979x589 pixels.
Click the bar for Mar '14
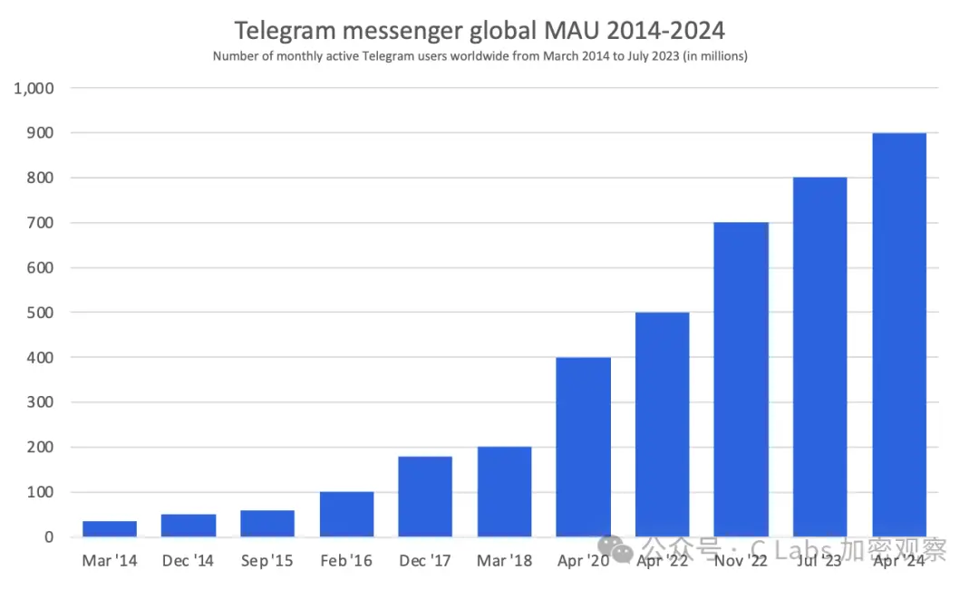[110, 529]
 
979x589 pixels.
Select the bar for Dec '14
[189, 526]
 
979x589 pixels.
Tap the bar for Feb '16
[346, 515]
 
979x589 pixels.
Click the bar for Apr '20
[583, 448]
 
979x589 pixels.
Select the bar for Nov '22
[742, 380]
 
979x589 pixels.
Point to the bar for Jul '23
[820, 357]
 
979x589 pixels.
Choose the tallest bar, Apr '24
[899, 335]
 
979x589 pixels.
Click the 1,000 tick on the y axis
[34, 89]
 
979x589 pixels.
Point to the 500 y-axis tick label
[40, 313]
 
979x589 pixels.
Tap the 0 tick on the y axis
[48, 537]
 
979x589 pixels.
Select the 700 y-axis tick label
[40, 223]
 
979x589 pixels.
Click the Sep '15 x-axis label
[267, 561]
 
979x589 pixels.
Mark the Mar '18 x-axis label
[504, 561]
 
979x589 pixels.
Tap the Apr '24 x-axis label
[899, 561]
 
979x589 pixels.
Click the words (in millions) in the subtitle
[715, 56]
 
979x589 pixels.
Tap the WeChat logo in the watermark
[621, 548]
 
